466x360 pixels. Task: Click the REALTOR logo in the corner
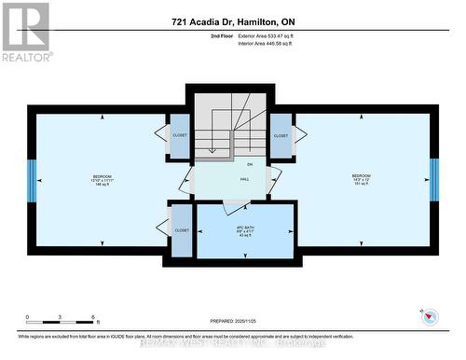[25, 31]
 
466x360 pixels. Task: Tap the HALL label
[244, 179]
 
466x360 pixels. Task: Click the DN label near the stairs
[224, 164]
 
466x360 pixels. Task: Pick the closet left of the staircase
[180, 135]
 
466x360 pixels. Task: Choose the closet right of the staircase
[281, 135]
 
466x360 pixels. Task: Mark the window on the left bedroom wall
[31, 180]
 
